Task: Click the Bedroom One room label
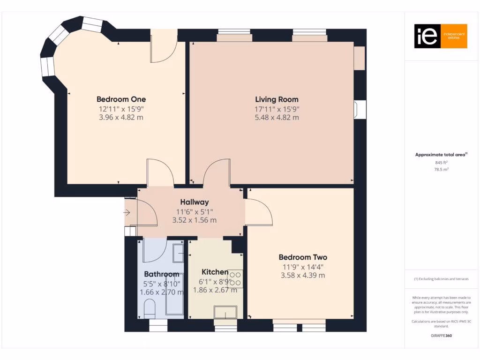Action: [x=121, y=99]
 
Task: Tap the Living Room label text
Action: [x=277, y=99]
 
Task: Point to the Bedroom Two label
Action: [x=303, y=257]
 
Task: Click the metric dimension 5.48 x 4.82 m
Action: [x=277, y=117]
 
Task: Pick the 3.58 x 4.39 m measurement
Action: [x=303, y=275]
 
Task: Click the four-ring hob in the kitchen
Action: [x=236, y=279]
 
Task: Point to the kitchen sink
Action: [x=225, y=312]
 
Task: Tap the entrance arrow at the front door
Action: [x=127, y=213]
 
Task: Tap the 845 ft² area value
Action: [x=439, y=163]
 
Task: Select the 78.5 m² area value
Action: [x=439, y=170]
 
